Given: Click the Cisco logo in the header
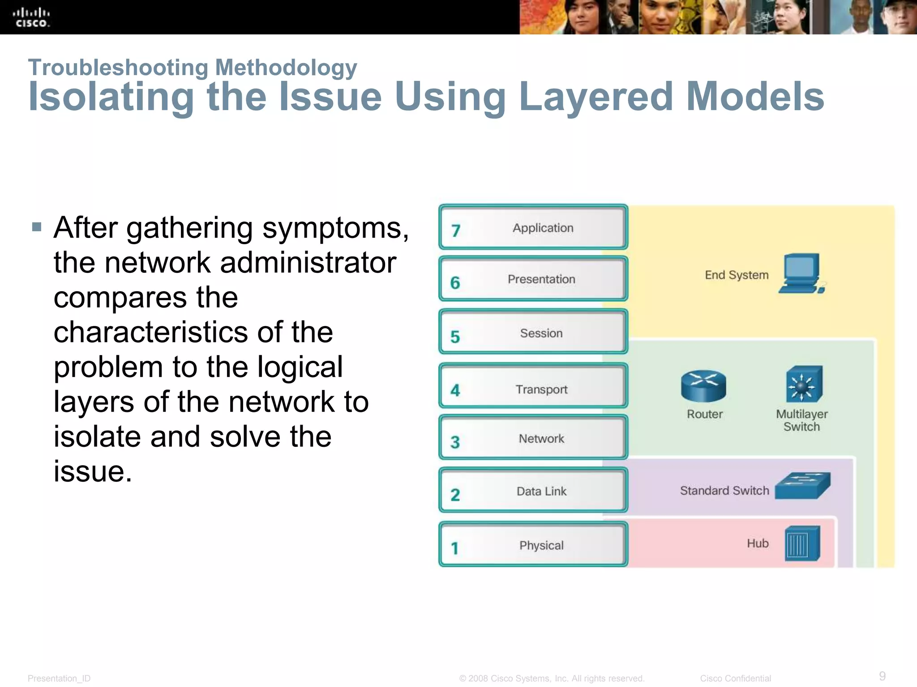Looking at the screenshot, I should point(31,17).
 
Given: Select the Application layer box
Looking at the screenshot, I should point(533,227).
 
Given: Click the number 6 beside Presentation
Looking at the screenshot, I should point(455,283).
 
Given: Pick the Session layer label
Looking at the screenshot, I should point(541,333).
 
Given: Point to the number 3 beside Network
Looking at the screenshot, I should point(455,442).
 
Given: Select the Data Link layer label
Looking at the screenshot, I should point(541,491).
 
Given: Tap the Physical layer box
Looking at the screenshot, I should point(533,545).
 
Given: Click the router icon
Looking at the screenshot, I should point(703,386).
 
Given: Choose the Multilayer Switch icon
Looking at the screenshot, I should point(804,384).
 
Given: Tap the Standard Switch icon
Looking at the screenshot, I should point(802,486).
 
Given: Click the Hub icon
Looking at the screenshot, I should point(802,543).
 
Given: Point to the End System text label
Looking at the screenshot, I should point(737,275).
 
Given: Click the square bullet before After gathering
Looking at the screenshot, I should point(37,227).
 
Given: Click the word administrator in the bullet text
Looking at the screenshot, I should point(308,263).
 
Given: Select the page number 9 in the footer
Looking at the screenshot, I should point(882,676).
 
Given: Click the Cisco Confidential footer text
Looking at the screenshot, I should point(735,679).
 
